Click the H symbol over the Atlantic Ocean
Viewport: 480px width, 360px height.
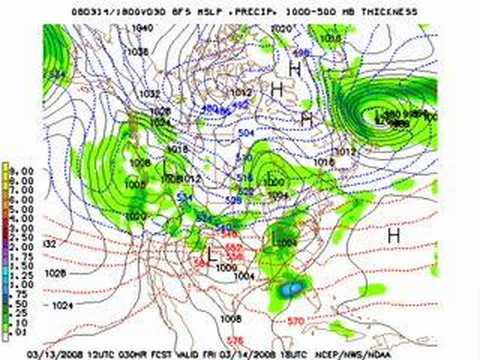393,233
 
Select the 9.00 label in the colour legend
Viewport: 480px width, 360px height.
20,169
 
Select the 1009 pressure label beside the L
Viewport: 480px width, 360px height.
226,268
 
